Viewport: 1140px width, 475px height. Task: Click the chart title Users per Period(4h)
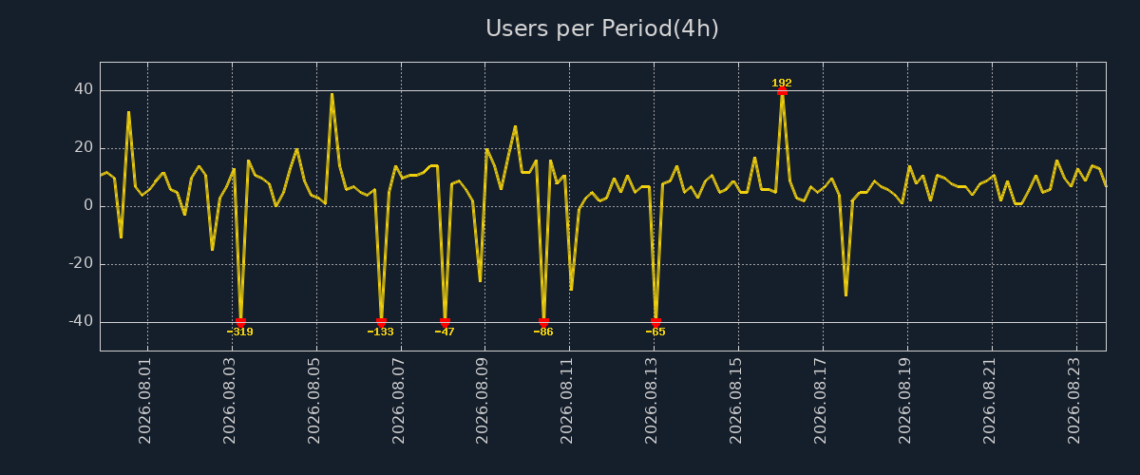(x=602, y=28)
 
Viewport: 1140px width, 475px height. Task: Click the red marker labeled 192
(x=782, y=91)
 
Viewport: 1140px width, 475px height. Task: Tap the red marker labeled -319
(x=240, y=322)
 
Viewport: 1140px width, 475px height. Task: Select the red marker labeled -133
(x=381, y=322)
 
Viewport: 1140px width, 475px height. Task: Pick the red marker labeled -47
(x=445, y=322)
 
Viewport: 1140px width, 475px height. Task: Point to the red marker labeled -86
(x=543, y=322)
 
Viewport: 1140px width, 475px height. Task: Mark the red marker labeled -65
(x=656, y=322)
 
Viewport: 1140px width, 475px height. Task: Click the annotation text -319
(x=239, y=332)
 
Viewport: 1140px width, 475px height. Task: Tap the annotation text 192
(x=782, y=83)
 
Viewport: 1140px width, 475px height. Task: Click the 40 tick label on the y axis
(x=84, y=89)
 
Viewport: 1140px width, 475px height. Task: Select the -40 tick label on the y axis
(x=81, y=321)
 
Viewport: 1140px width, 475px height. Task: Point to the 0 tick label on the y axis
(x=88, y=205)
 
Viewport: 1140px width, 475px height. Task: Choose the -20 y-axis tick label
(x=81, y=263)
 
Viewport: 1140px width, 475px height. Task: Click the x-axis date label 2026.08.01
(x=144, y=401)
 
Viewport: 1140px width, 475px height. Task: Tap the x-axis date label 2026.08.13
(x=651, y=401)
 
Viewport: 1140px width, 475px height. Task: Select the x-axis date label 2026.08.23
(x=1073, y=401)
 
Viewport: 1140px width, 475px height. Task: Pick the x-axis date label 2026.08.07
(x=398, y=401)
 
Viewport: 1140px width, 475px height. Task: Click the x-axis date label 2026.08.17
(x=820, y=401)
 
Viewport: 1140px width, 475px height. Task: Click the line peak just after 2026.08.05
(x=332, y=94)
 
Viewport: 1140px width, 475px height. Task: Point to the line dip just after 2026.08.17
(x=845, y=294)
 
